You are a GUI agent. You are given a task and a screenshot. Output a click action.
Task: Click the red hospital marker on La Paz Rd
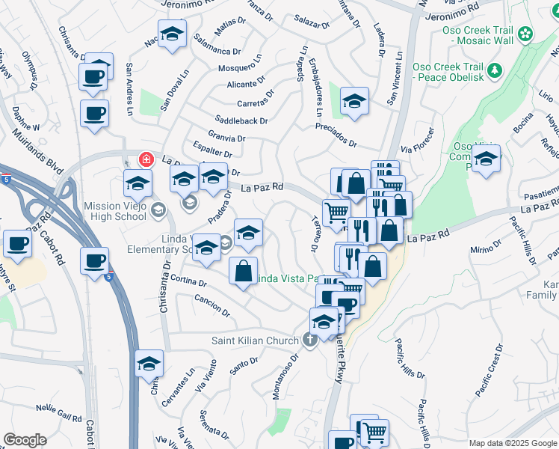[x=146, y=159]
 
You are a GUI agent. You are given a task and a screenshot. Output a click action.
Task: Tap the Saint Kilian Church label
[x=255, y=341]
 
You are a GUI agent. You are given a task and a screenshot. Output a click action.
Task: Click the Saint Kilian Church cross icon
[x=311, y=340]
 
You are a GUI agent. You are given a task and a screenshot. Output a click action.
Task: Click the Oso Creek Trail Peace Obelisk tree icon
[x=494, y=70]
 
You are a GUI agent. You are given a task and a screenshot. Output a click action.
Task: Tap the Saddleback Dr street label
[x=241, y=120]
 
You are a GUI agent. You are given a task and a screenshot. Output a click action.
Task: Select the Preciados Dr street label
[x=336, y=141]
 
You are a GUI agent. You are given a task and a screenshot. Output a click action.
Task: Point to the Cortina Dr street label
[x=188, y=281]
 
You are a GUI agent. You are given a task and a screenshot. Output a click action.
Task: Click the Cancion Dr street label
[x=211, y=305]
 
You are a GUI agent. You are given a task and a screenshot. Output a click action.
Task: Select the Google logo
[x=25, y=439]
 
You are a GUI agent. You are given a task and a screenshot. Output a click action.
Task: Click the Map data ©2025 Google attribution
[x=512, y=443]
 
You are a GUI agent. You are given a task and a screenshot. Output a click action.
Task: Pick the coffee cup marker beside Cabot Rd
[x=94, y=261]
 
